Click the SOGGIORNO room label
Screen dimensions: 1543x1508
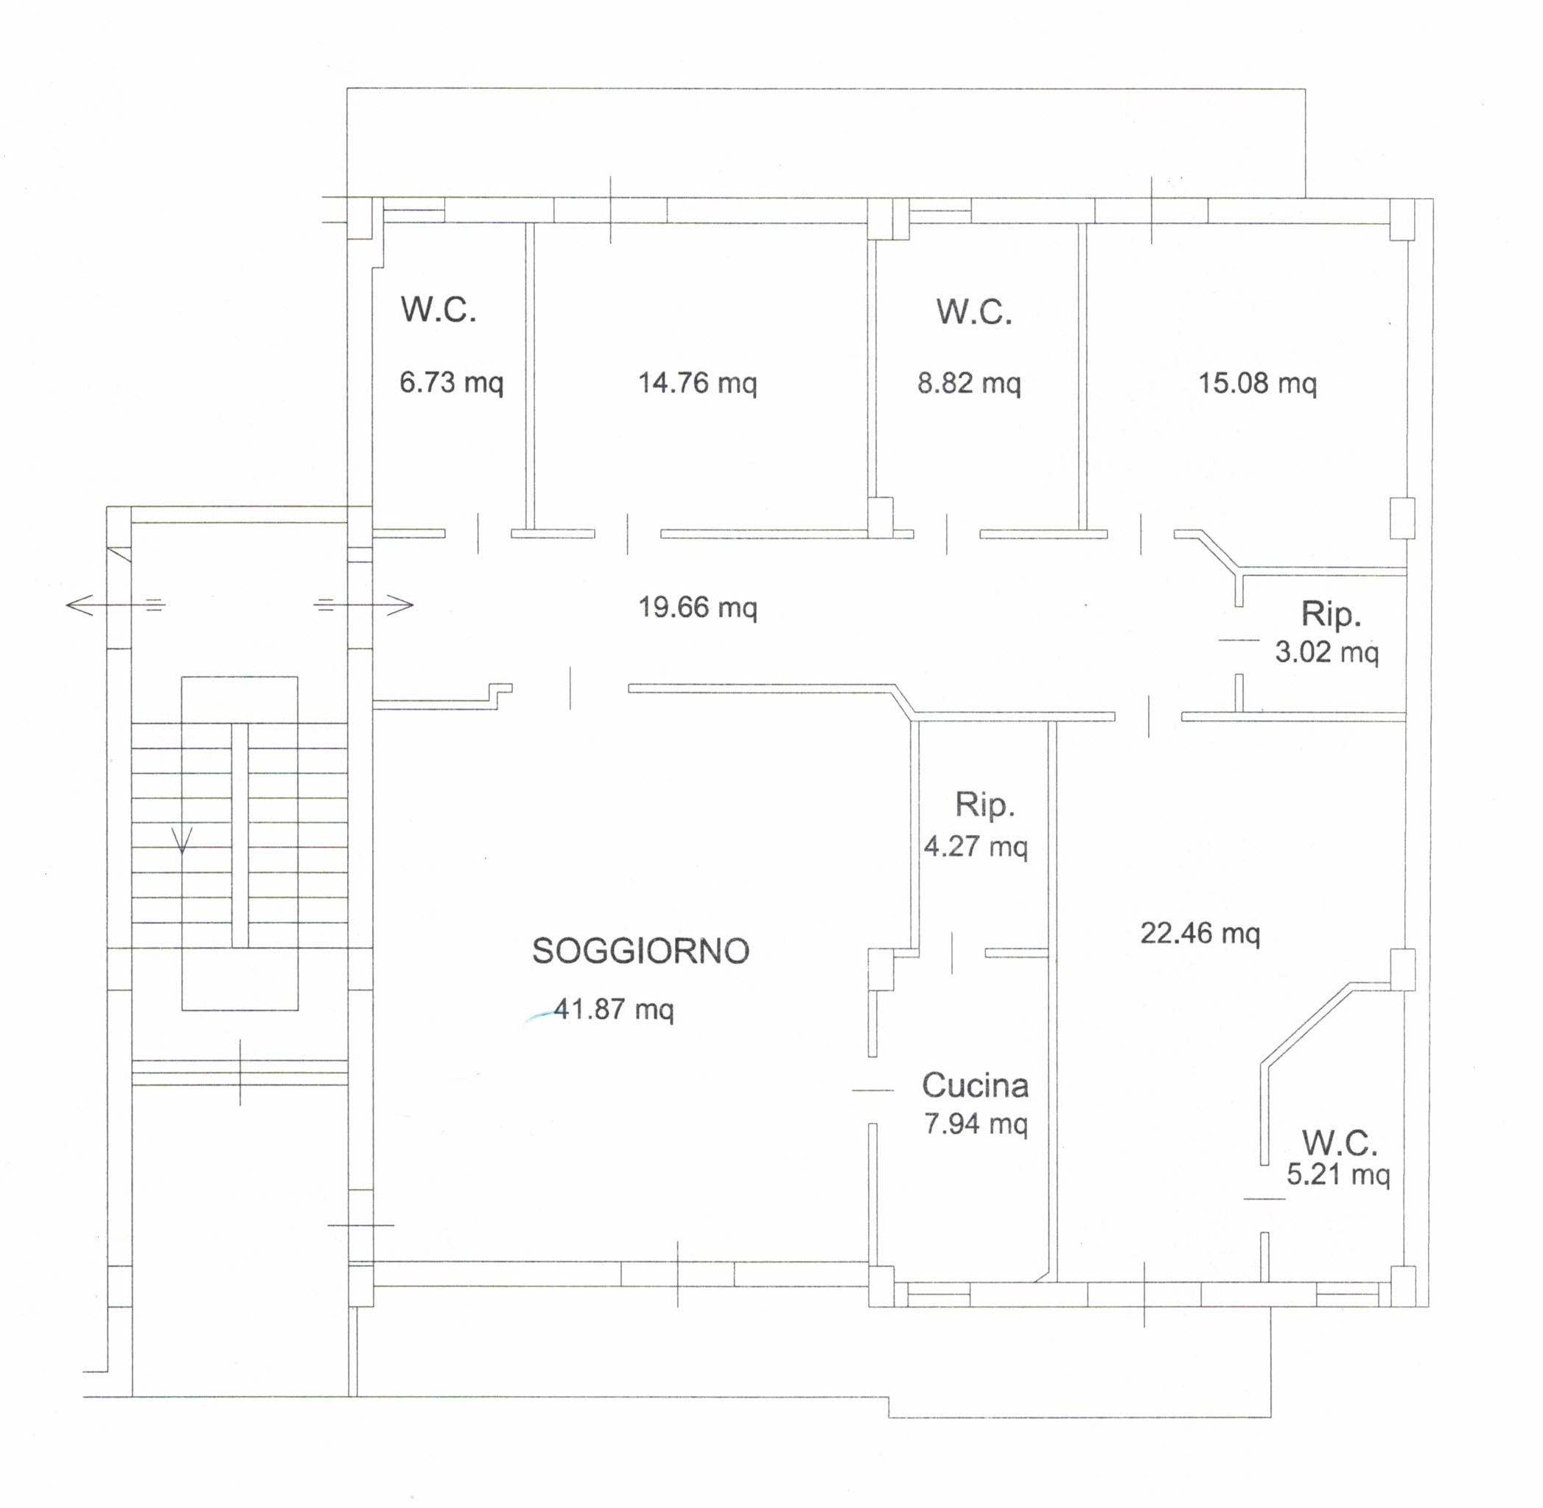[640, 951]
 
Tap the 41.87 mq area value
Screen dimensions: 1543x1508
[613, 1010]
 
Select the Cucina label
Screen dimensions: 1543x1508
[975, 1085]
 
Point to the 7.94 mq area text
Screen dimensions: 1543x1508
[976, 1124]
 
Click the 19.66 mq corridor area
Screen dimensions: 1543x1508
[697, 607]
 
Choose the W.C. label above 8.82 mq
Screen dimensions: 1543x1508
[974, 311]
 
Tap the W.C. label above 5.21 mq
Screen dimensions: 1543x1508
[1340, 1143]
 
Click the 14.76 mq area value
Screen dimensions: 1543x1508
[697, 384]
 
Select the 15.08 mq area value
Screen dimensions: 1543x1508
[1257, 384]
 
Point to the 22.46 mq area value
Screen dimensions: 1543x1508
[1200, 933]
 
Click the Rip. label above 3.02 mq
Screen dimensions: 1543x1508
[1331, 615]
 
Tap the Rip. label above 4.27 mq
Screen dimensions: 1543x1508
[984, 805]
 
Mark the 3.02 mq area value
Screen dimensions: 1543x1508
[1326, 652]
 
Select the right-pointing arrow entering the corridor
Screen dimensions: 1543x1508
[364, 606]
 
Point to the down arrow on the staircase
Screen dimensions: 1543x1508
[183, 840]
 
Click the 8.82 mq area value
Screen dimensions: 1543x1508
[968, 384]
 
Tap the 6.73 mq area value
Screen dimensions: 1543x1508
[451, 383]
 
